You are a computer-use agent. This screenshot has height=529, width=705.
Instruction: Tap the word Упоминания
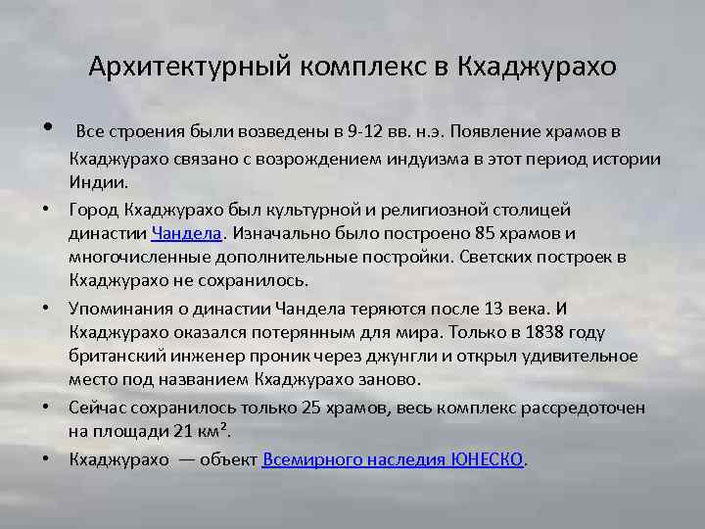point(117,308)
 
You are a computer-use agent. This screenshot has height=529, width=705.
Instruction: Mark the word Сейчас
point(98,407)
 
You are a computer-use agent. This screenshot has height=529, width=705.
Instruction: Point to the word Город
point(95,209)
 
